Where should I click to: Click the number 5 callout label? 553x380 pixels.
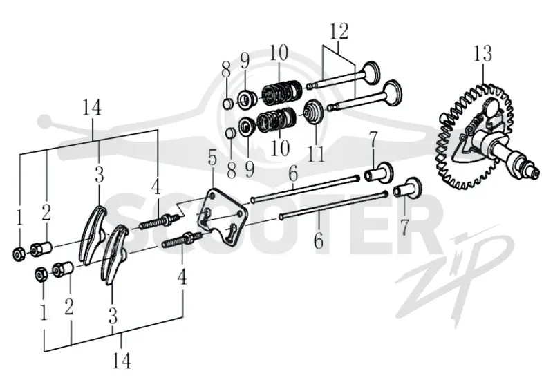pyautogui.click(x=212, y=158)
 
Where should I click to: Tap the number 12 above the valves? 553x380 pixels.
pyautogui.click(x=339, y=31)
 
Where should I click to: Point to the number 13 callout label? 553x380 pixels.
pyautogui.click(x=482, y=54)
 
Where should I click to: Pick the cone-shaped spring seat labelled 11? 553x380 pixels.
pyautogui.click(x=312, y=112)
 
